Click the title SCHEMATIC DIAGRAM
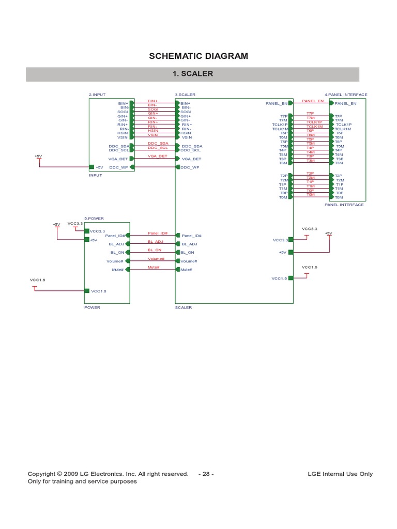198,56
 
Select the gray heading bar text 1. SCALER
192,74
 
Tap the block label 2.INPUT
97,95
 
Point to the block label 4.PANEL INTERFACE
346,95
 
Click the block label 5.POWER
93,219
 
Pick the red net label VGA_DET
157,156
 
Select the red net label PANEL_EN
313,101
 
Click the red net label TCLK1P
314,122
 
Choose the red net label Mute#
154,267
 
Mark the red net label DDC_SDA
158,143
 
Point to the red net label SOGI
153,109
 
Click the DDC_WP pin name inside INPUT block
118,167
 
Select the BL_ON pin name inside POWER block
117,253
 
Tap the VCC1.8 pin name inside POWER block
98,291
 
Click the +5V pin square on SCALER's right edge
291,253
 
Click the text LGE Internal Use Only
340,474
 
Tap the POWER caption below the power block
92,307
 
